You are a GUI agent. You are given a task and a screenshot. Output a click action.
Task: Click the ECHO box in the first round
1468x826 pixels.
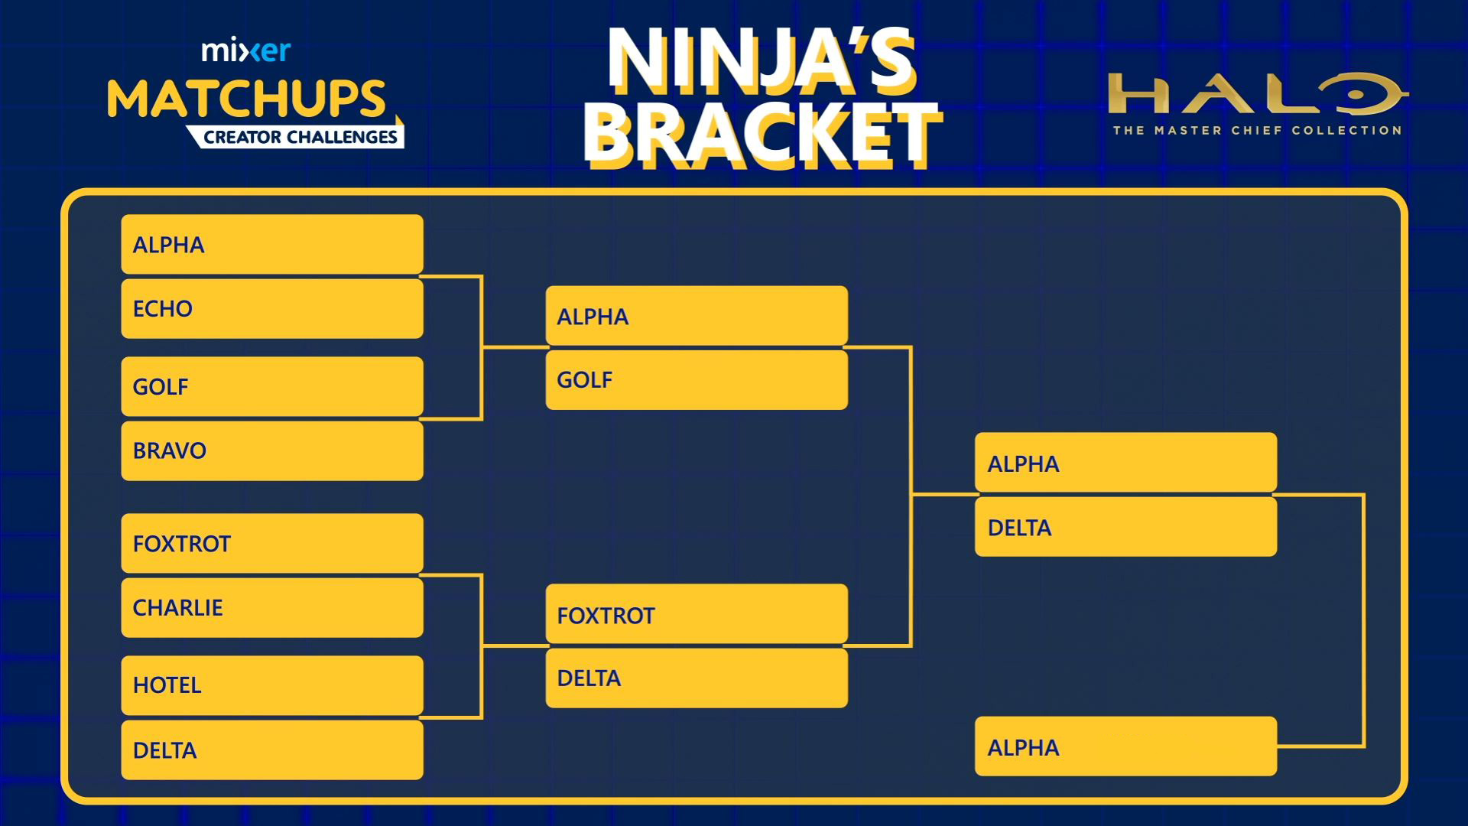pyautogui.click(x=272, y=309)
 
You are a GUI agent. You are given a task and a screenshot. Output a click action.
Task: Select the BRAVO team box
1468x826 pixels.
pyautogui.click(x=272, y=450)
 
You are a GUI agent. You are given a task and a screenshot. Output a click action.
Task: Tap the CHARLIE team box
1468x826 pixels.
pyautogui.click(x=272, y=608)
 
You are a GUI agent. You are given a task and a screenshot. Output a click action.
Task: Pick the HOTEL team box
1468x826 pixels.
pyautogui.click(x=272, y=685)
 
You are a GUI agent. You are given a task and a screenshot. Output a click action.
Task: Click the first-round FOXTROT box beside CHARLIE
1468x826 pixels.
pyautogui.click(x=272, y=544)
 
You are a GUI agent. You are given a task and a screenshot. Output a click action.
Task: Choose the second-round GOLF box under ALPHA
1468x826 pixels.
pyautogui.click(x=697, y=380)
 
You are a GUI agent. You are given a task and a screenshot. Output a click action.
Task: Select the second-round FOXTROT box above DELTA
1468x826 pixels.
pyautogui.click(x=697, y=614)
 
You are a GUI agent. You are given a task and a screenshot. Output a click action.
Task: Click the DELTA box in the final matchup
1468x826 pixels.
pyautogui.click(x=1126, y=527)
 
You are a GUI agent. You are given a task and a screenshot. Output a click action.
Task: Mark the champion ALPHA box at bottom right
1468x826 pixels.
pyautogui.click(x=1126, y=746)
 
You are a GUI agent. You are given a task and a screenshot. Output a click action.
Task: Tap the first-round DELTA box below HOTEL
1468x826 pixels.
pyautogui.click(x=272, y=750)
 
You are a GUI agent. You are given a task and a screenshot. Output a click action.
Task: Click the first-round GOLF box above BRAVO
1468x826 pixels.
pyautogui.click(x=272, y=387)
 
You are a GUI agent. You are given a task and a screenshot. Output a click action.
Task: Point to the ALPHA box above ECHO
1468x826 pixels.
pyautogui.click(x=272, y=245)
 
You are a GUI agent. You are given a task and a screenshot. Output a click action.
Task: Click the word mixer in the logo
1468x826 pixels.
pyautogui.click(x=246, y=50)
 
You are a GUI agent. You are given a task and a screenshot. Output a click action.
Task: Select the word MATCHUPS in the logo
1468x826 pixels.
pyautogui.click(x=246, y=98)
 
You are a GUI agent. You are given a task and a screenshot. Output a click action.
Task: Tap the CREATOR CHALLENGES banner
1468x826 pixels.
pyautogui.click(x=300, y=137)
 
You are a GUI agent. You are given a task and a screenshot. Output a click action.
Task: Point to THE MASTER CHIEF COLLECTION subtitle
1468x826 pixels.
pyautogui.click(x=1257, y=131)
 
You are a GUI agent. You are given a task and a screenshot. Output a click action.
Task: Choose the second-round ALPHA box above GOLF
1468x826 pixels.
pyautogui.click(x=697, y=316)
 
